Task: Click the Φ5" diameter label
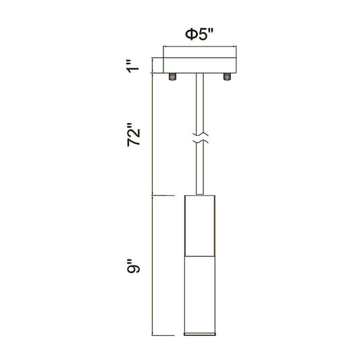click(199, 34)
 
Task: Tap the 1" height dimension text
click(133, 66)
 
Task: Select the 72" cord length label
click(133, 135)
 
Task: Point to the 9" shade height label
click(133, 266)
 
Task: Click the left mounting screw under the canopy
click(172, 77)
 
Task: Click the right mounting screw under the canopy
click(227, 77)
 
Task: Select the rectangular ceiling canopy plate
click(199, 66)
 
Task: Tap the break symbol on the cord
click(200, 138)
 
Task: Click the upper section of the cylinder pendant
click(200, 226)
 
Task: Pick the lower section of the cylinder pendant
click(200, 294)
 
